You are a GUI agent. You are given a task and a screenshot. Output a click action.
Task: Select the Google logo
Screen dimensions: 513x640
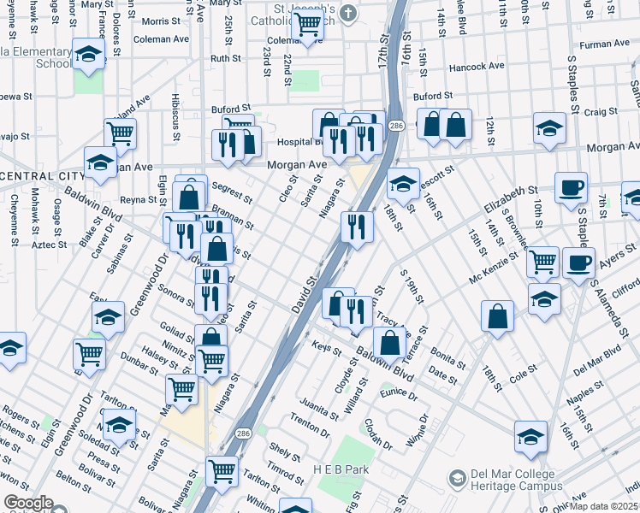[28, 503]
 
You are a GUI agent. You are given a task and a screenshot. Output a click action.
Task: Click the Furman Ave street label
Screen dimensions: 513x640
[604, 44]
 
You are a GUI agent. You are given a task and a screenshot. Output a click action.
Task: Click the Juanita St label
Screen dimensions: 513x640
[319, 408]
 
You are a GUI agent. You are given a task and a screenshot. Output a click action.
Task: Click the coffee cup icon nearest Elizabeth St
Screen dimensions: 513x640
[571, 186]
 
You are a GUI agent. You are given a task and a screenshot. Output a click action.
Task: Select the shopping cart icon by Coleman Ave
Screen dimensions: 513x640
[307, 26]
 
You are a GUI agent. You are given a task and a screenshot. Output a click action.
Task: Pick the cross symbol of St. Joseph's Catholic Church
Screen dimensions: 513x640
[347, 13]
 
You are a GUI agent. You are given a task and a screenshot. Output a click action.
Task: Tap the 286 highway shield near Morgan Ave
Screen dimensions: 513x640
[395, 126]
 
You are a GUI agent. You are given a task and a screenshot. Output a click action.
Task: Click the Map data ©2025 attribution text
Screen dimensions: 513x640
[604, 506]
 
